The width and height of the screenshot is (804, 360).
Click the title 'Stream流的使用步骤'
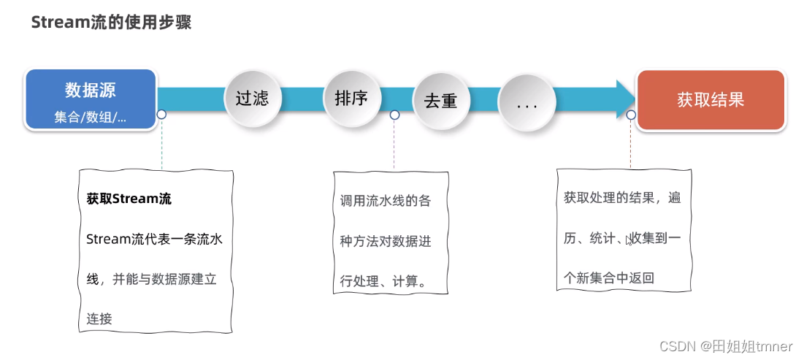tap(111, 23)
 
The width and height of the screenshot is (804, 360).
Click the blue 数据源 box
tap(91, 99)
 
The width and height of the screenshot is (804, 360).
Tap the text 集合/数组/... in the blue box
tap(90, 117)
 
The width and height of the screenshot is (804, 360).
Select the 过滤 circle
tap(252, 99)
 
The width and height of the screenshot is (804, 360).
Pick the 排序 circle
tap(351, 98)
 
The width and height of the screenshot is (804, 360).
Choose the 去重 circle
tap(440, 101)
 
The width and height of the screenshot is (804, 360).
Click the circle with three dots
tap(527, 104)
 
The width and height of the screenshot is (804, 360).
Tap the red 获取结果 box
tap(710, 100)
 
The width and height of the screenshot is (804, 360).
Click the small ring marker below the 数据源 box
tap(161, 115)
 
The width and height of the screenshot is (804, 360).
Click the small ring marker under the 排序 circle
tap(394, 115)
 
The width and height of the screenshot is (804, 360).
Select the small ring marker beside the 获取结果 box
tap(631, 115)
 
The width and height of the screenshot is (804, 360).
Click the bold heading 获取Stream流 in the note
tap(129, 199)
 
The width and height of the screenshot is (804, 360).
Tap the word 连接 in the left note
tap(99, 318)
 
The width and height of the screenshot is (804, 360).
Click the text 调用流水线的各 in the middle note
tap(386, 202)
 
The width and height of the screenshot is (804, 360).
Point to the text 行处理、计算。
tap(383, 282)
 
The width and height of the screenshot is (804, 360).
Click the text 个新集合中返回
tap(609, 277)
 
